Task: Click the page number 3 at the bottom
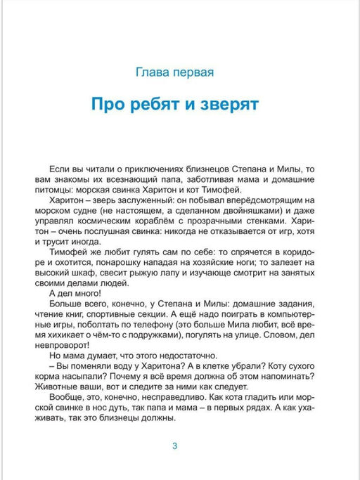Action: [175, 446]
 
